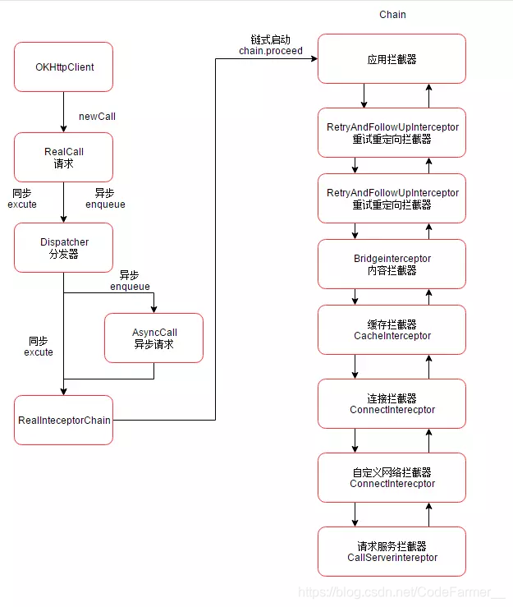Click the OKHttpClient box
[x=63, y=67]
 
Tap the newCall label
[x=96, y=117]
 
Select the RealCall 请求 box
[x=63, y=157]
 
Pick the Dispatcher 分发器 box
[x=63, y=247]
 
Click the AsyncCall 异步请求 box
[x=153, y=338]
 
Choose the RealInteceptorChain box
[x=63, y=420]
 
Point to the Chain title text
[x=392, y=15]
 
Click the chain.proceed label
[x=271, y=51]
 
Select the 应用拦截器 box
[x=392, y=58]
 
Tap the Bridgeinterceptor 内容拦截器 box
[x=392, y=264]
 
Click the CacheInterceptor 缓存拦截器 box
[x=392, y=329]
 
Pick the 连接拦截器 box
[x=392, y=403]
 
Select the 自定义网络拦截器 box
[x=392, y=477]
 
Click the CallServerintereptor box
[x=392, y=551]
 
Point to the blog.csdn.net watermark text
[x=401, y=591]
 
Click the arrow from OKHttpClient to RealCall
[x=63, y=112]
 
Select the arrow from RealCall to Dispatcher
[x=63, y=202]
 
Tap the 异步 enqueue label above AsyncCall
[x=130, y=280]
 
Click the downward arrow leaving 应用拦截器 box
[x=355, y=95]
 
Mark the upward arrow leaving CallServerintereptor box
[x=428, y=514]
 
